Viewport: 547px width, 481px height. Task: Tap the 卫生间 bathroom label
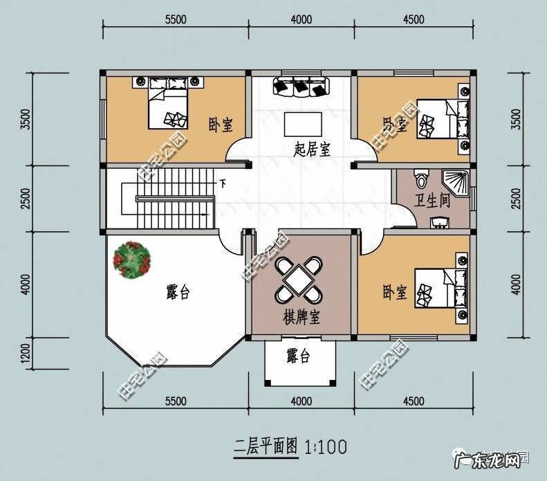click(x=432, y=201)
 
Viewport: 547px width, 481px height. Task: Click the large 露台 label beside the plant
click(x=178, y=291)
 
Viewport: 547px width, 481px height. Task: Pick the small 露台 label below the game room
click(x=298, y=356)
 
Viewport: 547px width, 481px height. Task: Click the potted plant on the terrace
click(x=132, y=260)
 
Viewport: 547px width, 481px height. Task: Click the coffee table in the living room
click(x=302, y=125)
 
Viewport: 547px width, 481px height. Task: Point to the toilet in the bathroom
click(x=420, y=179)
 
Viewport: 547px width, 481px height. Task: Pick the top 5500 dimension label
click(x=176, y=19)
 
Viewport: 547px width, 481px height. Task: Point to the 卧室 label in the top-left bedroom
click(x=220, y=125)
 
